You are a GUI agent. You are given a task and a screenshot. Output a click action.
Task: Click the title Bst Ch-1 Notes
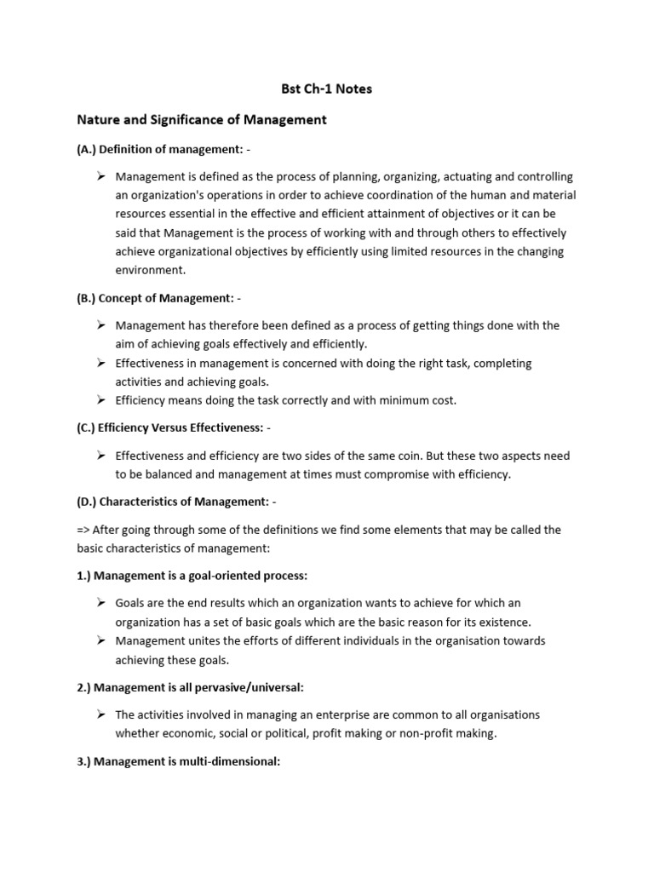(x=327, y=89)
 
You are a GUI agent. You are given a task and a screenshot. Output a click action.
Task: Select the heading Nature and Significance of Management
(x=202, y=120)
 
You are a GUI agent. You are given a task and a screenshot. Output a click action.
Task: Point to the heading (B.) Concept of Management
(x=163, y=298)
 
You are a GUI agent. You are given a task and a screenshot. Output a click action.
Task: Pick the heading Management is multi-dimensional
(x=179, y=761)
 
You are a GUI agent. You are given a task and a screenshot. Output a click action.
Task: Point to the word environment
(x=150, y=270)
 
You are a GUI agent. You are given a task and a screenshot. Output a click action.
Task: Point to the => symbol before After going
(x=83, y=530)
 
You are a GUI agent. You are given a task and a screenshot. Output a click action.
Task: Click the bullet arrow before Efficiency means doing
(x=101, y=399)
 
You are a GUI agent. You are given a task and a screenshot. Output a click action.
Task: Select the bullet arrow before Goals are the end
(x=101, y=603)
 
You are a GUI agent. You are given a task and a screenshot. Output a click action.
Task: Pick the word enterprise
(x=331, y=715)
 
